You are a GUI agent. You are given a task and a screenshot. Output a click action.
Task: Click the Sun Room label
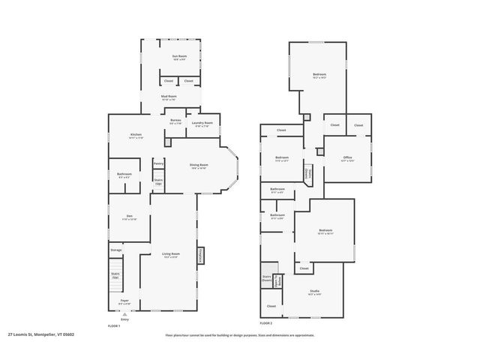[x=178, y=57]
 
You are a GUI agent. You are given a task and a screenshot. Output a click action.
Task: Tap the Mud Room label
[x=169, y=97]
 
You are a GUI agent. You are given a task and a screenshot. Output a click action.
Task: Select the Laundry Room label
[x=202, y=124]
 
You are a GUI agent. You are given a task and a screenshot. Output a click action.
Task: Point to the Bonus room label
[x=175, y=121]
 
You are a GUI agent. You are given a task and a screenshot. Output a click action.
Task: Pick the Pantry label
[x=158, y=163]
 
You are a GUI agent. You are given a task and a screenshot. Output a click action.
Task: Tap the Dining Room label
[x=199, y=166]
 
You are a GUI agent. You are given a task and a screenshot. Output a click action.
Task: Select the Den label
[x=129, y=218]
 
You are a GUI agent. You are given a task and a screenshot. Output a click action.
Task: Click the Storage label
[x=115, y=250]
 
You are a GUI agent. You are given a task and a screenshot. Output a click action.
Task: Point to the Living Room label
[x=171, y=255]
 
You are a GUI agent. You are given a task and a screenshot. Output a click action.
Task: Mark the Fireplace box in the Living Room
[x=201, y=256]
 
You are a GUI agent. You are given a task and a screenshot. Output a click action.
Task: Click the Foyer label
[x=124, y=301]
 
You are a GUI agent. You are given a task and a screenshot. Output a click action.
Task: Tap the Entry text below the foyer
[x=124, y=320]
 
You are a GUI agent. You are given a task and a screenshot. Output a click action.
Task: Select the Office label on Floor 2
[x=346, y=158]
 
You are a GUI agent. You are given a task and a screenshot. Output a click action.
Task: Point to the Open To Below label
[x=278, y=282]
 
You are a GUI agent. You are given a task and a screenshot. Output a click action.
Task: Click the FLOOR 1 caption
[x=114, y=326]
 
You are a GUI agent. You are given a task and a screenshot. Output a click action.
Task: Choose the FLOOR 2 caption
[x=265, y=322]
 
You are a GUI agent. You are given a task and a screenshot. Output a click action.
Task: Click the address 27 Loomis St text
[x=41, y=335]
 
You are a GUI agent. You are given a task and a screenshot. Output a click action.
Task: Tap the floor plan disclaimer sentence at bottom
[x=240, y=335]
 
